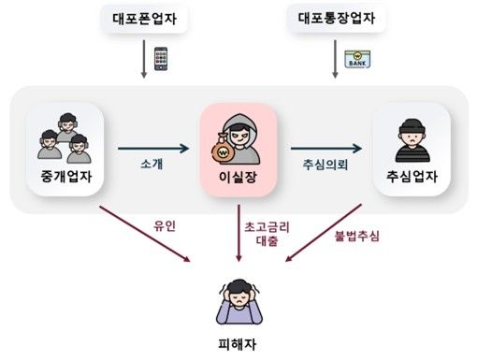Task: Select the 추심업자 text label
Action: coord(412,176)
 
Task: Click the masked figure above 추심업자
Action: coord(412,138)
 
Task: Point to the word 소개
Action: coord(152,165)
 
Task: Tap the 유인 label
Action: coord(164,225)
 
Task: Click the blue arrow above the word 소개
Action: coord(152,147)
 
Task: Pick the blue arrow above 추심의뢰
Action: coord(325,147)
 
